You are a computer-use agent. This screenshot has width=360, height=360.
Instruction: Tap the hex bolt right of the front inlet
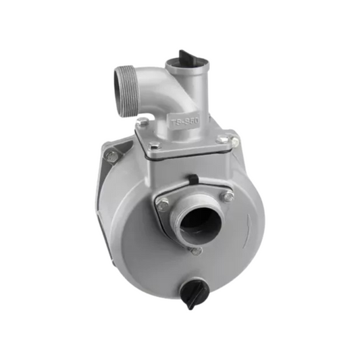click(x=229, y=196)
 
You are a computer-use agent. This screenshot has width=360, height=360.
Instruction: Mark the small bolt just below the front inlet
click(x=196, y=251)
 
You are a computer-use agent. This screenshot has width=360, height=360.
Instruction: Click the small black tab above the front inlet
click(x=193, y=178)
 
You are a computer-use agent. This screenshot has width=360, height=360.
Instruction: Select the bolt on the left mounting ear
click(x=111, y=155)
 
